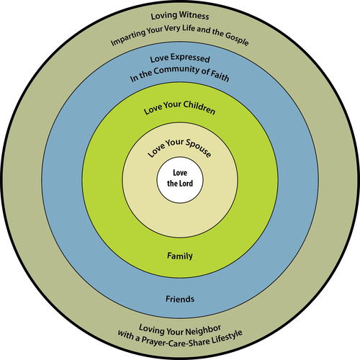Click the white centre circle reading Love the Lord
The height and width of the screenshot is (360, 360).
180,180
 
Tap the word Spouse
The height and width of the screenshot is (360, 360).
198,148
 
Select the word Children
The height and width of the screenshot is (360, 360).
199,107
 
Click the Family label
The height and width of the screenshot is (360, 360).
180,256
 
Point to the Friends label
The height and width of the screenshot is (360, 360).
180,299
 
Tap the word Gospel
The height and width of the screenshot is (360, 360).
237,38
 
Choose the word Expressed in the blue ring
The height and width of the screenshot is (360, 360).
190,58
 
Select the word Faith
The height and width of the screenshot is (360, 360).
220,76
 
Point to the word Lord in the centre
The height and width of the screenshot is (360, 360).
186,184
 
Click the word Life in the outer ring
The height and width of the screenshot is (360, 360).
189,28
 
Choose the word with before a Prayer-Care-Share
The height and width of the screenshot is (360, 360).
125,334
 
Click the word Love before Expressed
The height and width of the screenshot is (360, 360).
159,59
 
